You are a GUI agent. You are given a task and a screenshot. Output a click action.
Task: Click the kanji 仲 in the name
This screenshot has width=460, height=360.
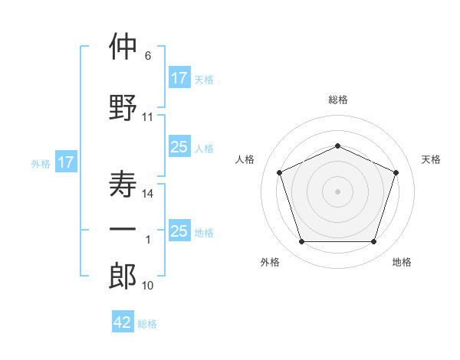point(123,47)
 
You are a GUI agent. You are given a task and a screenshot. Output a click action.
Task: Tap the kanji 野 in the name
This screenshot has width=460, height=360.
point(123,106)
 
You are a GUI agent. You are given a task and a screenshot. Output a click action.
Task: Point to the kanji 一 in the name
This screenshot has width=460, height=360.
point(123,230)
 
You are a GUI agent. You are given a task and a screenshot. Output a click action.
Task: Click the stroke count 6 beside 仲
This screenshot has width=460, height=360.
point(148,56)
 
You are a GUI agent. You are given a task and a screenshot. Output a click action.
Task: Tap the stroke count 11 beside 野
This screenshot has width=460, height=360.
point(148,117)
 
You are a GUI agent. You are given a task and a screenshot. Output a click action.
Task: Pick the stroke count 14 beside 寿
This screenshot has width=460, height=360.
point(148,194)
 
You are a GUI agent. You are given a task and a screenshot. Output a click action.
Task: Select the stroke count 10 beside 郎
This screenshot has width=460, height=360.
point(148,286)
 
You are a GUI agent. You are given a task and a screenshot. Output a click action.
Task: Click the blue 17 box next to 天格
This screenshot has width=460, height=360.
point(179,78)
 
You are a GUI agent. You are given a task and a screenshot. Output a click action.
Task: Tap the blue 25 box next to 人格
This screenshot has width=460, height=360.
point(179,147)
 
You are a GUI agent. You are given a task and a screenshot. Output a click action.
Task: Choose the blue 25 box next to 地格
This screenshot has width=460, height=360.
point(179,231)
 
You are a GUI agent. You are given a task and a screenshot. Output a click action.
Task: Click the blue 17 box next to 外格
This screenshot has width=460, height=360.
point(65,162)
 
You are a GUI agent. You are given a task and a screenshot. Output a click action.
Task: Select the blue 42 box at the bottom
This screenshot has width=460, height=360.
point(123,322)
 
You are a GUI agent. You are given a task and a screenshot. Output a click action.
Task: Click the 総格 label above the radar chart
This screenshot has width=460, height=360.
point(337,100)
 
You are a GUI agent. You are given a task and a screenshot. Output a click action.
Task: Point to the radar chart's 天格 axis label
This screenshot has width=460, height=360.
point(431,159)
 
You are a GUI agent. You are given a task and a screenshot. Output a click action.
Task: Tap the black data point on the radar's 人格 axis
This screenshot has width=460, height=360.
point(279,172)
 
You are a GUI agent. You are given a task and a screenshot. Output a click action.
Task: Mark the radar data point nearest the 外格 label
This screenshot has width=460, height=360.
point(301,242)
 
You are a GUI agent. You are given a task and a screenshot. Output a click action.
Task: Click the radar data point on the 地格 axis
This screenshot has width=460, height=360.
point(373,242)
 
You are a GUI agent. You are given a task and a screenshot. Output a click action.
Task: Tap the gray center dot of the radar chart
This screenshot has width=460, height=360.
point(337,191)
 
